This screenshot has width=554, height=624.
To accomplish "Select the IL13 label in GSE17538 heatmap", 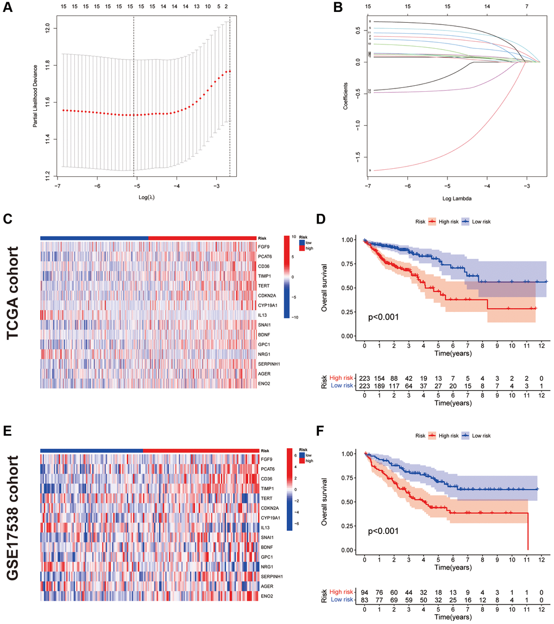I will coord(265,527).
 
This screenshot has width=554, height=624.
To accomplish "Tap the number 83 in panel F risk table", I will coord(365,600).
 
